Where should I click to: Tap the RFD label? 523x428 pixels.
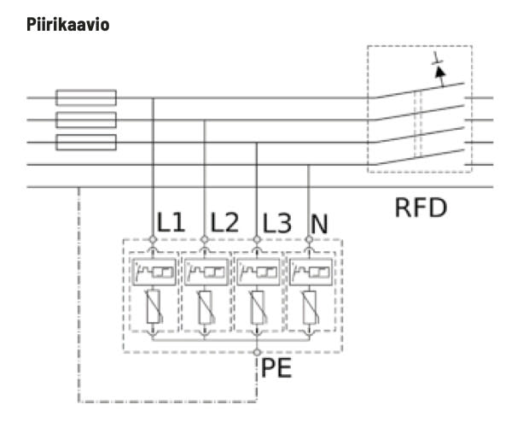tap(420, 208)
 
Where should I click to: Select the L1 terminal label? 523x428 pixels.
tap(171, 224)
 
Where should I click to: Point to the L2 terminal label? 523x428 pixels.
tap(224, 224)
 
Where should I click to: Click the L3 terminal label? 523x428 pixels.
tap(276, 224)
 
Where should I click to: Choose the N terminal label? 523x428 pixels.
tap(319, 225)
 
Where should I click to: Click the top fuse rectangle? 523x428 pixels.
tap(85, 98)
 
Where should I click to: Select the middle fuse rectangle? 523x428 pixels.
tap(85, 120)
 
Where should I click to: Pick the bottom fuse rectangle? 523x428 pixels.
tap(85, 142)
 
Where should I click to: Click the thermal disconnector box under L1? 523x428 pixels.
tap(154, 273)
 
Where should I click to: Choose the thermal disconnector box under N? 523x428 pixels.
tap(309, 273)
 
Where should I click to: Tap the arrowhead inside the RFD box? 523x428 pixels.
tap(440, 73)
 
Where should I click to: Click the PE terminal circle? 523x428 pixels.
tap(258, 352)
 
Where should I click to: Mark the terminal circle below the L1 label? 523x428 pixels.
tap(154, 241)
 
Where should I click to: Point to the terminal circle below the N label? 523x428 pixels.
tap(309, 241)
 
